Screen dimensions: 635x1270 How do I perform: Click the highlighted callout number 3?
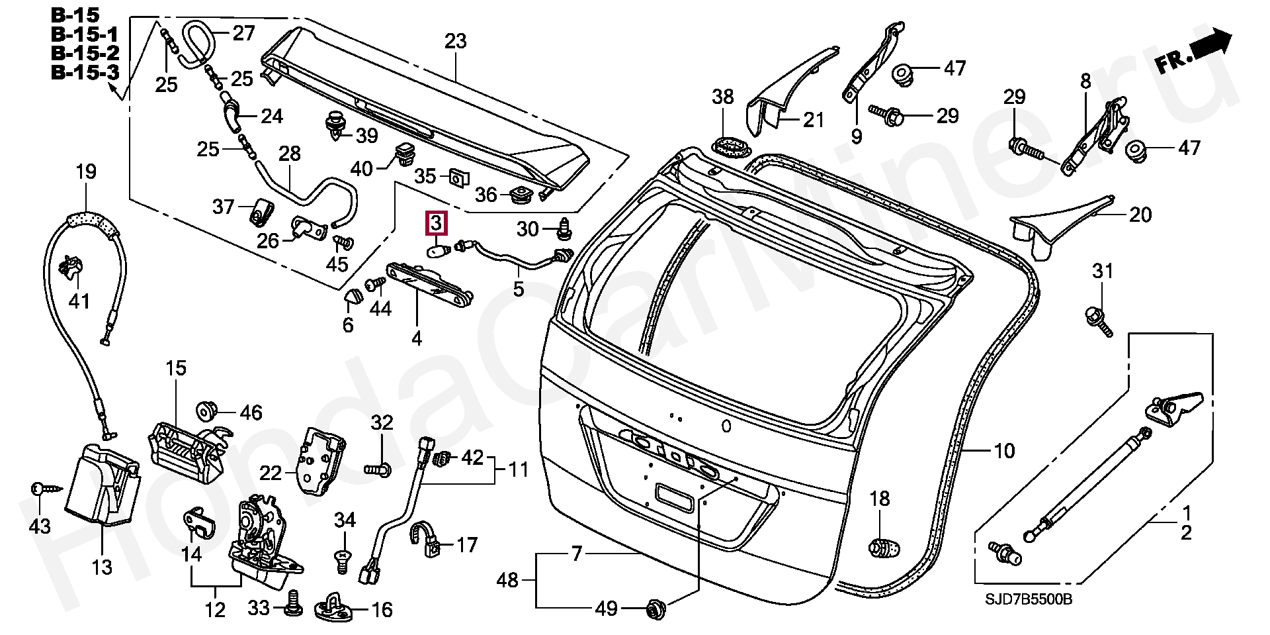(x=437, y=224)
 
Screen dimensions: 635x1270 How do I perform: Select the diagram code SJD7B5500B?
(x=1029, y=600)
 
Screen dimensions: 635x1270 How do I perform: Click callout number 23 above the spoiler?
(x=455, y=42)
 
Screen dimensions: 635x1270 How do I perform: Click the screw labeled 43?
(x=43, y=489)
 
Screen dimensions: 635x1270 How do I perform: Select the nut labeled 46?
(x=206, y=412)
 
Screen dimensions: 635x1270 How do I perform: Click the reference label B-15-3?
(x=85, y=72)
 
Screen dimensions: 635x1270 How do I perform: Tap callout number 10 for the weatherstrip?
(x=1003, y=452)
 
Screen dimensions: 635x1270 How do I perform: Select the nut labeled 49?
(x=656, y=608)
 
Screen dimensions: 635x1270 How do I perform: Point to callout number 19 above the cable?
(x=86, y=172)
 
